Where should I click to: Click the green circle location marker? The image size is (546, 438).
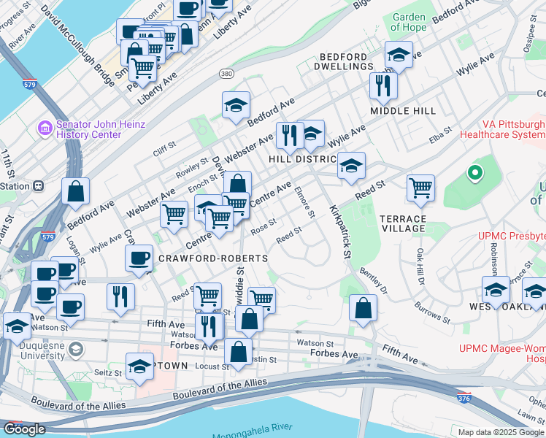coord(475,174)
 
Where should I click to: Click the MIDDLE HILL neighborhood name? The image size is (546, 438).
coord(402,111)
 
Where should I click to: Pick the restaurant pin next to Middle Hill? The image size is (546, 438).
coord(382,86)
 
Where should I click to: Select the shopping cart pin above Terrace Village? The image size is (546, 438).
coord(421,188)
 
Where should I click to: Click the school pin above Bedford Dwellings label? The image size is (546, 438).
coord(399,54)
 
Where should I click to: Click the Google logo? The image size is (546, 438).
coord(24,429)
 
